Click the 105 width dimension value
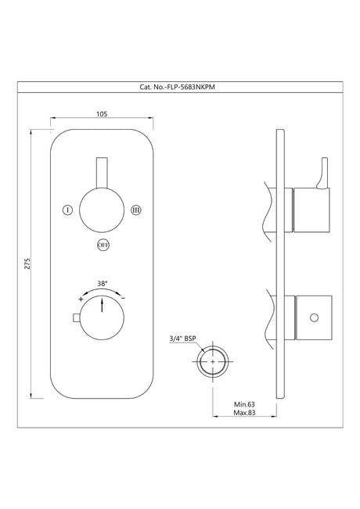101,114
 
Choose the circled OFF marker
103,244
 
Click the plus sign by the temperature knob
81,299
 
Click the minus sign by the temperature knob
122,299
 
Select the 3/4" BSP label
182,339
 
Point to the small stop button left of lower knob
74,317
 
